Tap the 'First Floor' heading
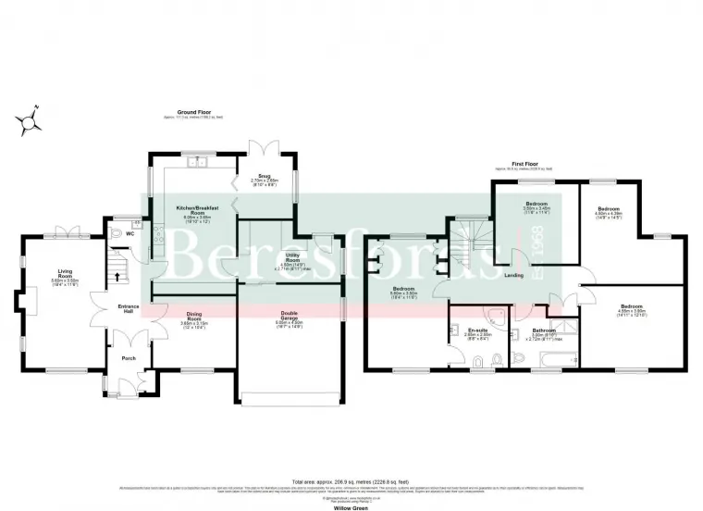(x=524, y=164)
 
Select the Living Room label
(x=65, y=276)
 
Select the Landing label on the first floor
(x=515, y=275)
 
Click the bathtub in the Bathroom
(x=546, y=363)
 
